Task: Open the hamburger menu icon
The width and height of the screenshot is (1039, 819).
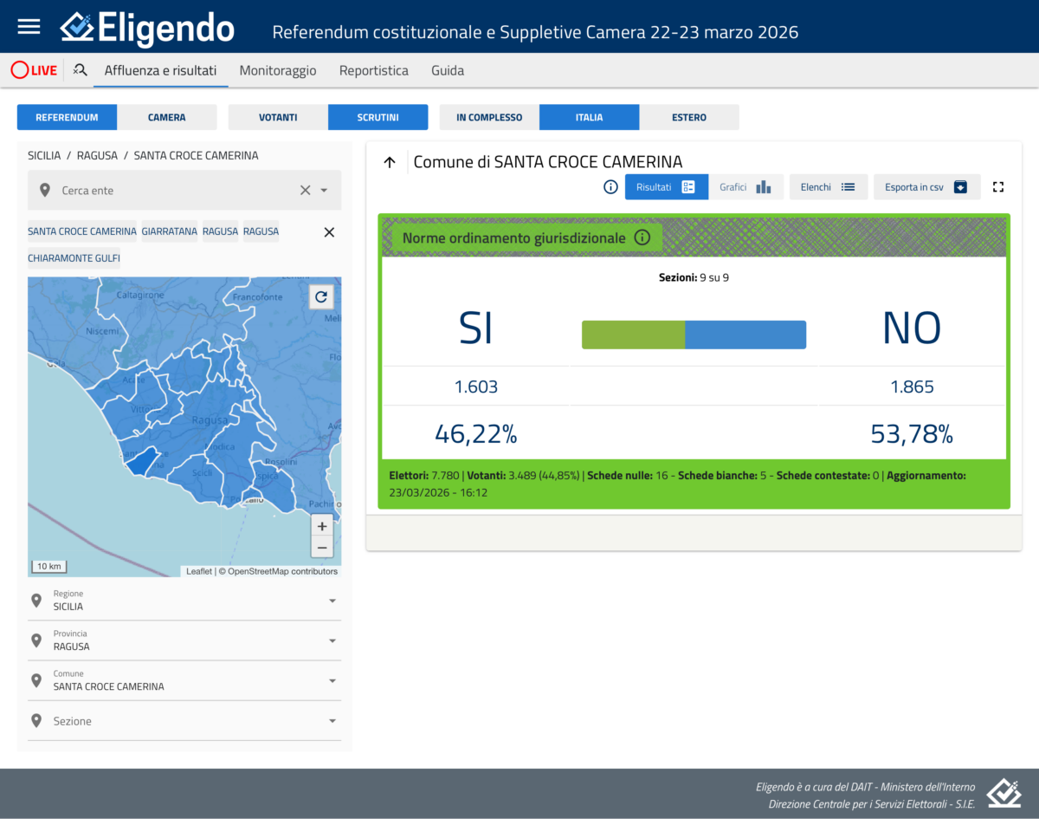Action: tap(29, 26)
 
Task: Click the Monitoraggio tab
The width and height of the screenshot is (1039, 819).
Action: tap(278, 70)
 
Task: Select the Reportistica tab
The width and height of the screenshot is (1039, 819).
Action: tap(373, 70)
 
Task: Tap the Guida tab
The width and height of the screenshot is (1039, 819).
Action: tap(448, 70)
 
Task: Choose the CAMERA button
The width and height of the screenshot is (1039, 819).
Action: tap(166, 117)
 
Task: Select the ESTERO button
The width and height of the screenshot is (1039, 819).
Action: tap(689, 117)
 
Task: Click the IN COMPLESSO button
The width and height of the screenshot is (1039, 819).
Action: tap(489, 117)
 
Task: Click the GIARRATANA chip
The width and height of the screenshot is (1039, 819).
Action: tap(170, 231)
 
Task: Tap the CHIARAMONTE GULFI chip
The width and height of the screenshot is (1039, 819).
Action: tap(74, 258)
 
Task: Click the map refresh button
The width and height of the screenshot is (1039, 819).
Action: tap(321, 297)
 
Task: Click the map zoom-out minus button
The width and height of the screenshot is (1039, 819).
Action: tap(322, 547)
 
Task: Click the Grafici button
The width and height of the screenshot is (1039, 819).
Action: tap(745, 187)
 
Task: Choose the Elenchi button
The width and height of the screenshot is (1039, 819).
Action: tap(828, 187)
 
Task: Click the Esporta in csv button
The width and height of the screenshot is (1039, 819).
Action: tap(926, 187)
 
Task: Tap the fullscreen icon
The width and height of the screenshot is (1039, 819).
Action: tap(998, 187)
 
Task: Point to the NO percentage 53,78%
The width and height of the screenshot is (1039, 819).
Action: tap(912, 433)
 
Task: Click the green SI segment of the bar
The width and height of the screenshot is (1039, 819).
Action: tap(633, 335)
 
